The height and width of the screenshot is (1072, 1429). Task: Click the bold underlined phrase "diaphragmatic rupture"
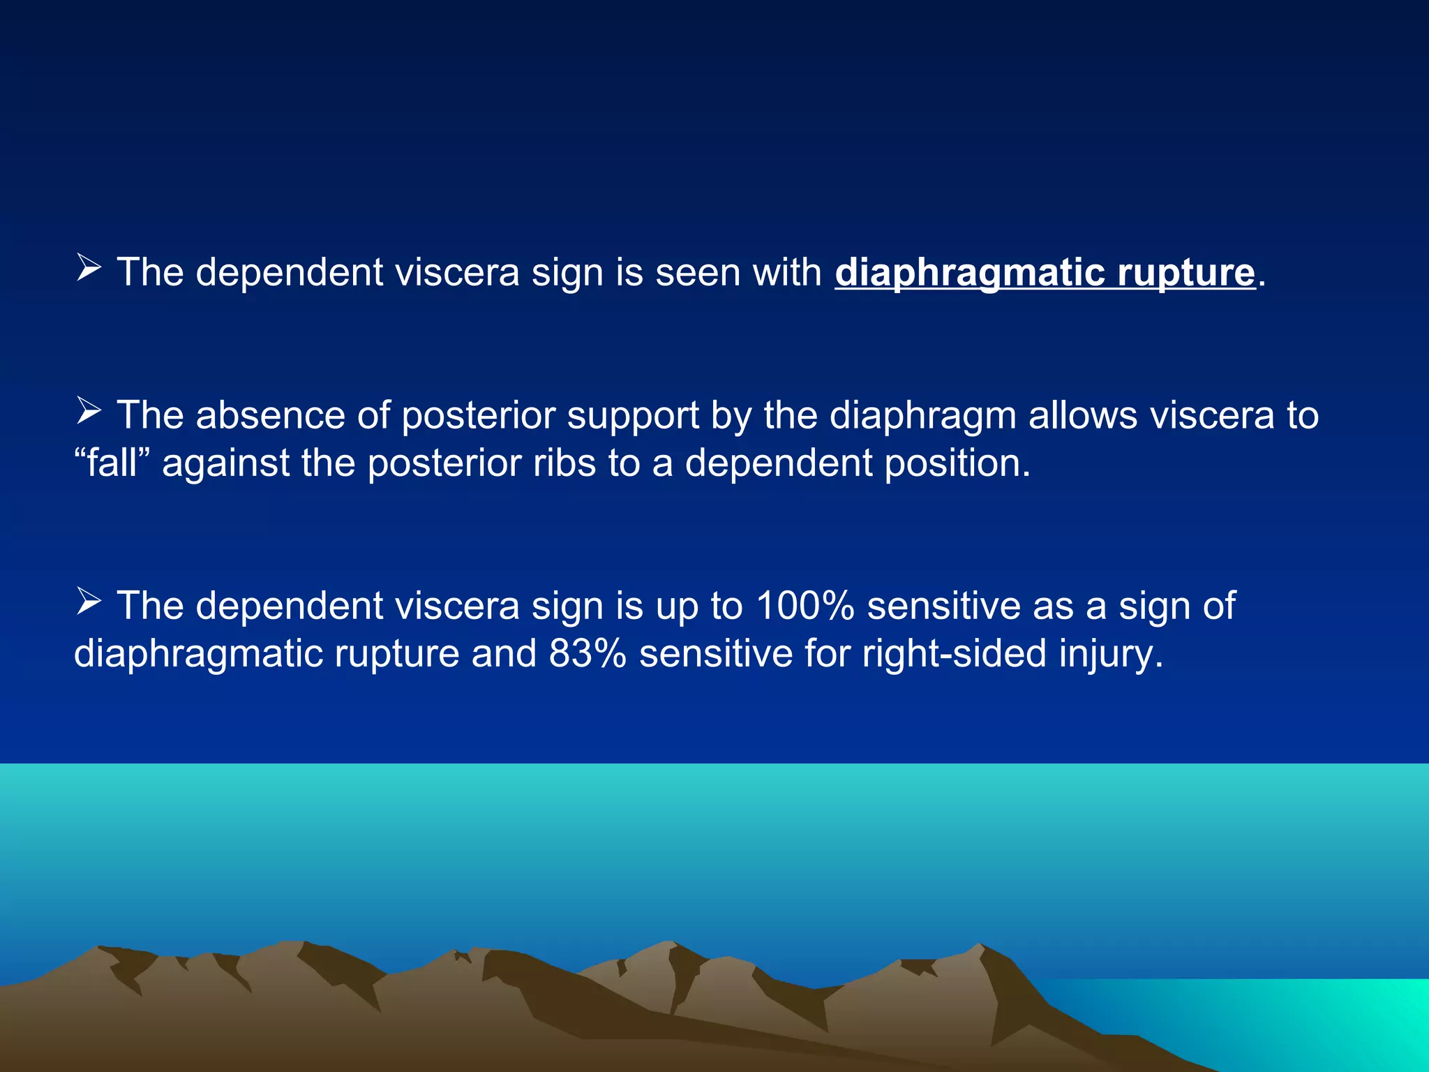(x=1045, y=272)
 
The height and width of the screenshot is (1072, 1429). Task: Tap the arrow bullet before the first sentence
(x=89, y=268)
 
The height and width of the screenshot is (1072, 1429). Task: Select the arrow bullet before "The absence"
(x=89, y=411)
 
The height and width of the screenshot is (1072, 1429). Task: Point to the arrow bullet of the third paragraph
(x=89, y=601)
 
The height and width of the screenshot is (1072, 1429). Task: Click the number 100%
(x=805, y=605)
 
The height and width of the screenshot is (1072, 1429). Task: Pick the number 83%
(x=588, y=653)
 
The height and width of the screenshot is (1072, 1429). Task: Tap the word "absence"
(x=271, y=416)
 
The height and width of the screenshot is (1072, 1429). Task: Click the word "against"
(x=225, y=464)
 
